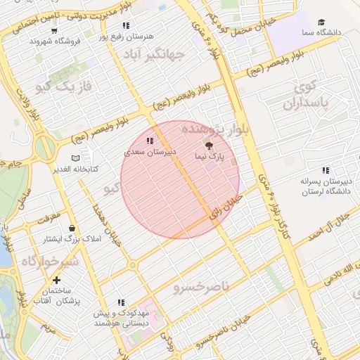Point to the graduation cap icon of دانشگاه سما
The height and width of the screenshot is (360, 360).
coord(321,22)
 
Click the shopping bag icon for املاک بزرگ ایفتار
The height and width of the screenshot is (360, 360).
coord(74,228)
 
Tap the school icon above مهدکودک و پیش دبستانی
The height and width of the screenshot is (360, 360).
coord(121,302)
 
